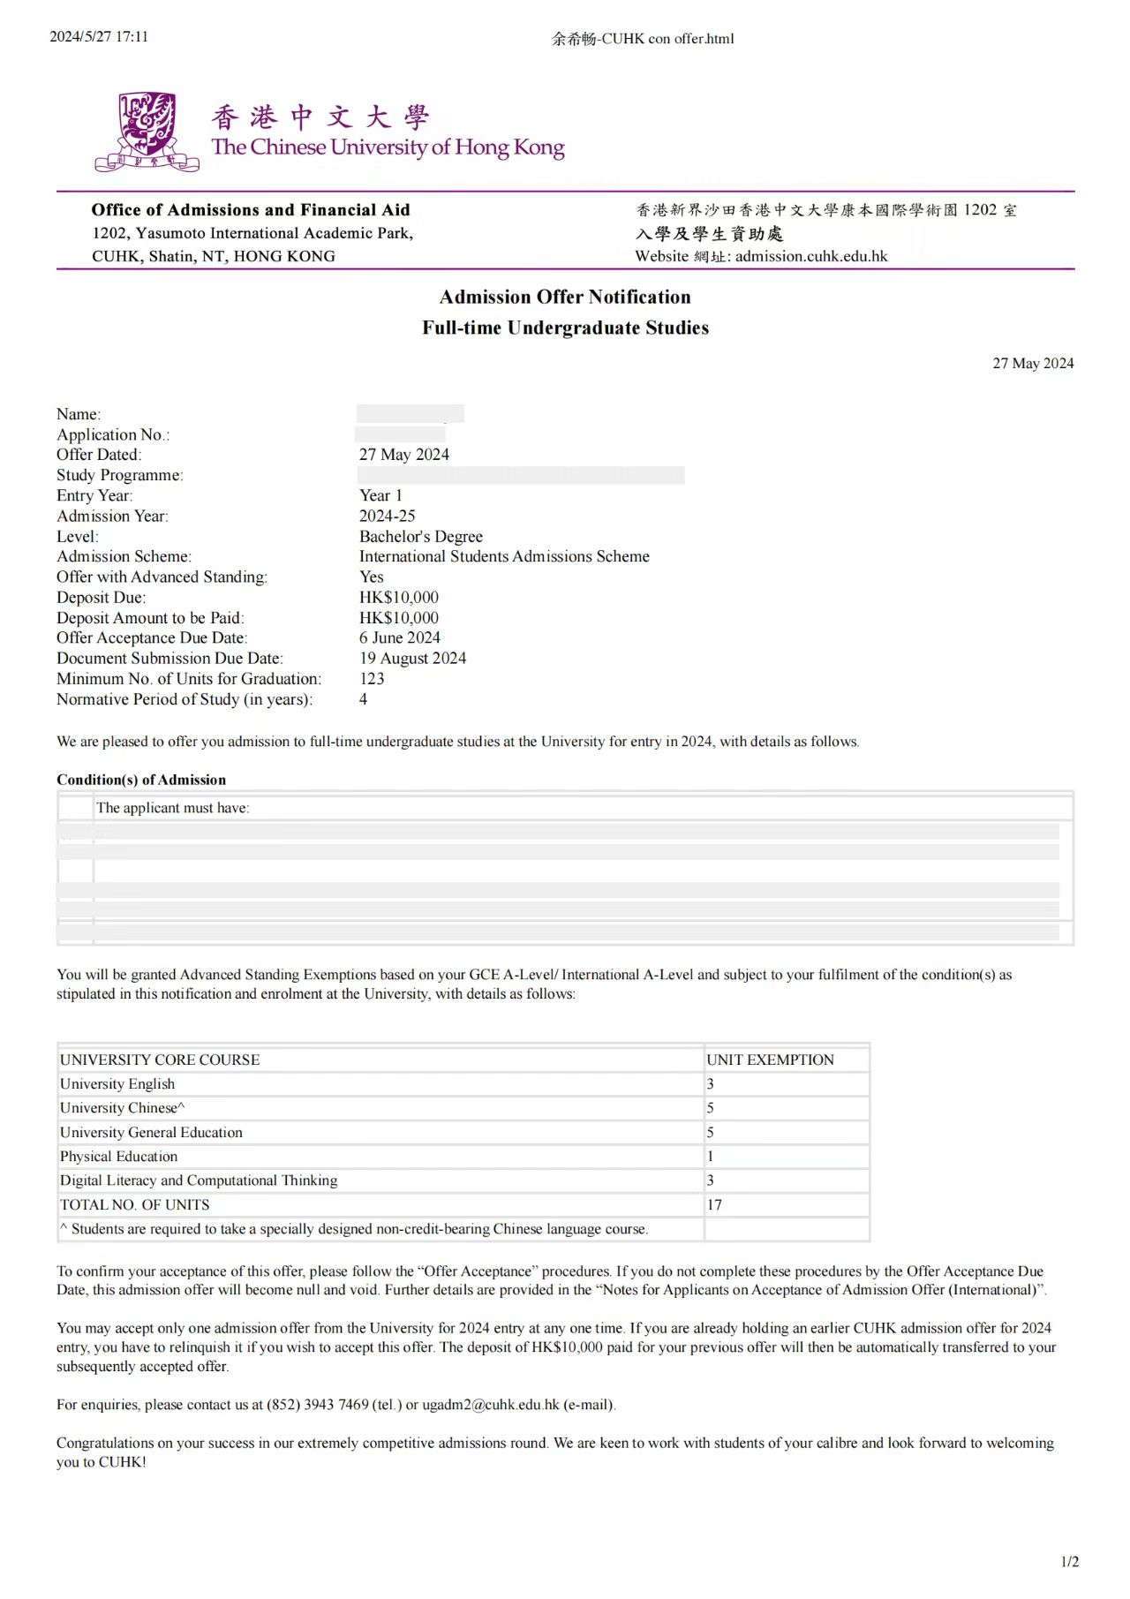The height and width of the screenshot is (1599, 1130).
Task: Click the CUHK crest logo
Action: click(x=147, y=132)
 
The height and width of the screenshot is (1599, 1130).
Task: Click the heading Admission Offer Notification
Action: click(x=565, y=297)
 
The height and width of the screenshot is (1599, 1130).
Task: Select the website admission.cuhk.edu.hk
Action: click(x=810, y=256)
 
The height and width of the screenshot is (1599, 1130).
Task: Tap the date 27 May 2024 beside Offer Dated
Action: click(x=403, y=455)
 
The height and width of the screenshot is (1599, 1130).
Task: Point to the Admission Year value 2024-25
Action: click(x=387, y=516)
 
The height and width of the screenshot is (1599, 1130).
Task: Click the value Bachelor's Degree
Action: click(x=420, y=536)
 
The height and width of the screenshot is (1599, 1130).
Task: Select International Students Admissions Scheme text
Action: click(x=504, y=556)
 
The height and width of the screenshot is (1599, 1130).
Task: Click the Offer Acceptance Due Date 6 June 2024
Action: click(x=399, y=637)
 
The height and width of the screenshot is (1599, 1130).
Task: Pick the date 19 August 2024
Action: click(x=412, y=658)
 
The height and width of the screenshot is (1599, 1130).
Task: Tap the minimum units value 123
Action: click(x=372, y=678)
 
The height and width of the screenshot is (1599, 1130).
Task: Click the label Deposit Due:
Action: click(x=101, y=597)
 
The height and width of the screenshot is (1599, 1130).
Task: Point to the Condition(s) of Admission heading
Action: click(x=141, y=780)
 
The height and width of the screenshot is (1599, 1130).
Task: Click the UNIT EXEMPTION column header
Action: click(x=770, y=1060)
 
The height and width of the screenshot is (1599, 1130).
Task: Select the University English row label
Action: click(x=117, y=1083)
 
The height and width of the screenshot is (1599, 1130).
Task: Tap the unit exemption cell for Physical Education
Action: click(x=711, y=1156)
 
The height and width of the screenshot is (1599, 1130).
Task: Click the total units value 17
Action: click(x=714, y=1204)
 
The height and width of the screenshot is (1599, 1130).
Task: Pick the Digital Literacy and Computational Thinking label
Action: click(x=199, y=1180)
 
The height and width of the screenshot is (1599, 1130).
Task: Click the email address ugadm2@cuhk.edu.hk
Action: click(x=491, y=1404)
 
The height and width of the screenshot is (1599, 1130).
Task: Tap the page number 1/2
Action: click(x=1069, y=1561)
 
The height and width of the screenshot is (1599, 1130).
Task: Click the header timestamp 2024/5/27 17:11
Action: click(x=99, y=36)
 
